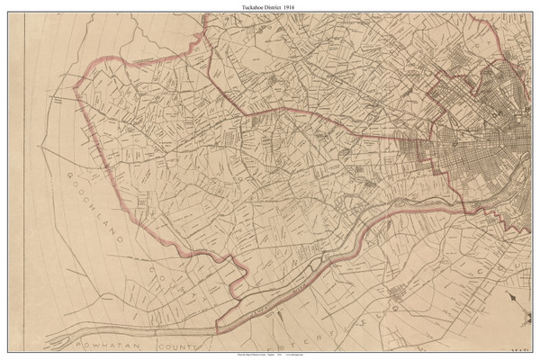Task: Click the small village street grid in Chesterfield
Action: [396, 292]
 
